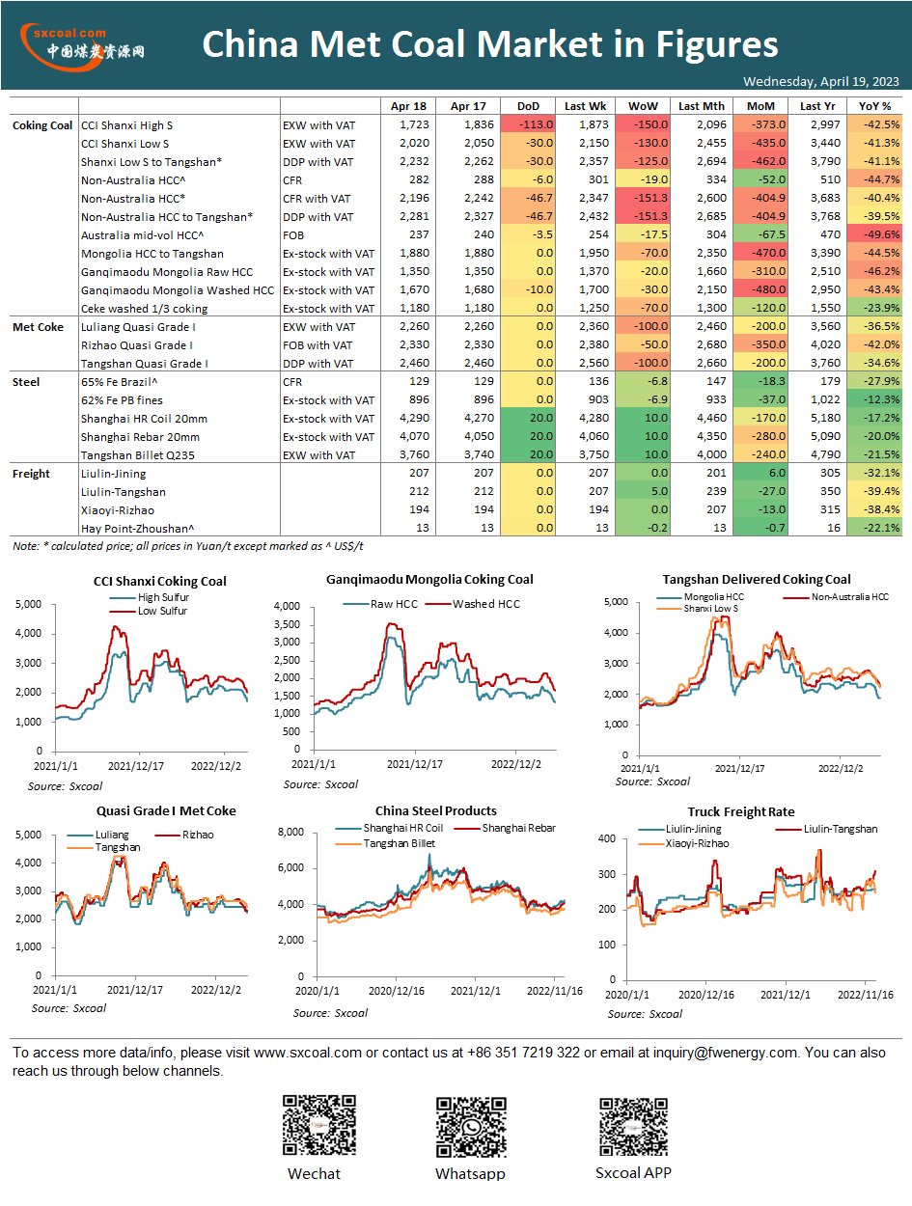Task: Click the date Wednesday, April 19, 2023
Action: [x=820, y=81]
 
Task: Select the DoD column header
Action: [x=528, y=106]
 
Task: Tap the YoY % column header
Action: [x=874, y=106]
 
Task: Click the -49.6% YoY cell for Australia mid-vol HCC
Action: [x=881, y=234]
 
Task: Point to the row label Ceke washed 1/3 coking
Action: [x=145, y=308]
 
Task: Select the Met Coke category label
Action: [x=38, y=327]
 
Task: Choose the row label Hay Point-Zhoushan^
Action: [x=137, y=529]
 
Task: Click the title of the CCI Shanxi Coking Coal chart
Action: [x=160, y=581]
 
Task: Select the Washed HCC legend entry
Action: [x=473, y=604]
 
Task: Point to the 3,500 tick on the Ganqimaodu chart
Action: [x=287, y=624]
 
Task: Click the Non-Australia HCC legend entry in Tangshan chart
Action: [x=836, y=596]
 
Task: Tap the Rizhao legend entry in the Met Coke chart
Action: [x=184, y=835]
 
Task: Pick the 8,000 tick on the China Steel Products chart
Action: [x=290, y=832]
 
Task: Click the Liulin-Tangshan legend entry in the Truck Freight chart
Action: [x=826, y=829]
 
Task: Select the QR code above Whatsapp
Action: [x=471, y=1128]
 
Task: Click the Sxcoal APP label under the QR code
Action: [x=633, y=1172]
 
